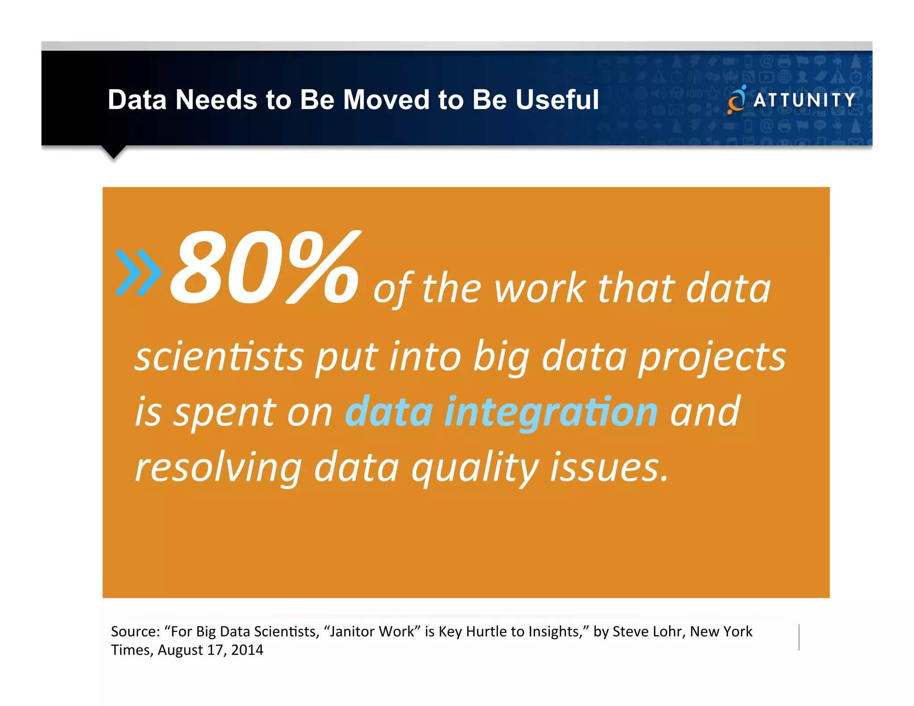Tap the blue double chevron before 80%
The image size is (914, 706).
(x=138, y=272)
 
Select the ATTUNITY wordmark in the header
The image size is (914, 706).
(x=804, y=100)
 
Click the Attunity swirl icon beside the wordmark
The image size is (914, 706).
(x=736, y=100)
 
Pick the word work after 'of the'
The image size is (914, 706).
(x=540, y=289)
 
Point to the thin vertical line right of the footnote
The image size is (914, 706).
(x=799, y=637)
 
